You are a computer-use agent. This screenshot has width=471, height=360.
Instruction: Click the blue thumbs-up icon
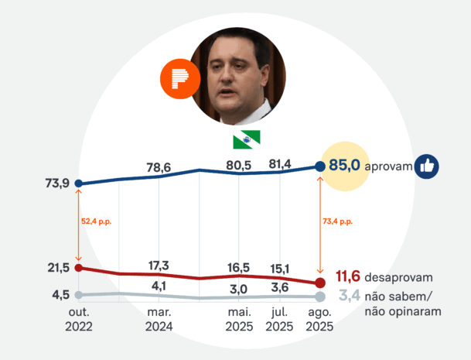tap(427, 166)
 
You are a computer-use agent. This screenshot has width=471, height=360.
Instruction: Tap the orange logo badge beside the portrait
tap(179, 79)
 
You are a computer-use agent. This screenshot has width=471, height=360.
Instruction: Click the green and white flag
tap(246, 139)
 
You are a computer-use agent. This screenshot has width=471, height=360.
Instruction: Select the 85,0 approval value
tap(345, 165)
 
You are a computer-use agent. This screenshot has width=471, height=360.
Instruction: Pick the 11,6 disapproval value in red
tap(350, 276)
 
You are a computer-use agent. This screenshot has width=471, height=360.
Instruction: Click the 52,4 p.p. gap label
tap(97, 221)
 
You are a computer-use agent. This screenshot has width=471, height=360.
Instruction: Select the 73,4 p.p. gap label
tap(337, 221)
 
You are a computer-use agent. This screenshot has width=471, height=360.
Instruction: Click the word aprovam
tap(387, 166)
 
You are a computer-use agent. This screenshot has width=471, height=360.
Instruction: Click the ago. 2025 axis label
tap(319, 320)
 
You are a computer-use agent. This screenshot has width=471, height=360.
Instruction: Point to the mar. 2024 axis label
tap(159, 320)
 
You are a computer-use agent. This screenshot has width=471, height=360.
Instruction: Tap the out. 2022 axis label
tap(79, 320)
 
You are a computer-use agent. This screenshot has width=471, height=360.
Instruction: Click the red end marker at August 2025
tap(320, 283)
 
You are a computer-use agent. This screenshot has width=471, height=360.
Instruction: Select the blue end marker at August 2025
tap(320, 166)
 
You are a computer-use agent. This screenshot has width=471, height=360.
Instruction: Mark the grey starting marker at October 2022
tap(79, 295)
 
